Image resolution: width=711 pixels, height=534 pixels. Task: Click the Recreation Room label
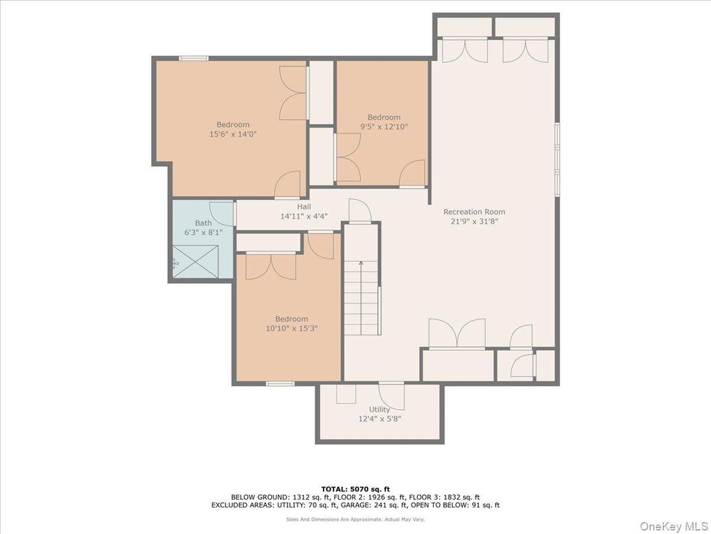[474, 212]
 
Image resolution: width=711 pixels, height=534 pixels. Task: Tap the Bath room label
[203, 223]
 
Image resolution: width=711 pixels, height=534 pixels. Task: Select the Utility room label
[379, 409]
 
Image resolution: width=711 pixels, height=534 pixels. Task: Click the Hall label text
[304, 207]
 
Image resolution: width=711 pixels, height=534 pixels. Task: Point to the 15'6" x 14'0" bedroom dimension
[233, 133]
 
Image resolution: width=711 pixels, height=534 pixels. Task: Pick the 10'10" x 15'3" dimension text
[292, 327]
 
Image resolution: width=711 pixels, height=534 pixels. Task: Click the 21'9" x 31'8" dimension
[474, 221]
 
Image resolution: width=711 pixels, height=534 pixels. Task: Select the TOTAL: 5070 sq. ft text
[355, 488]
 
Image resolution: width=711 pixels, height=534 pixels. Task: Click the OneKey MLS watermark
[674, 526]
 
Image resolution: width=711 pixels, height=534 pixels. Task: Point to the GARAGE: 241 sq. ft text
[382, 505]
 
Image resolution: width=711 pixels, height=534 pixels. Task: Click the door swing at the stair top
[357, 211]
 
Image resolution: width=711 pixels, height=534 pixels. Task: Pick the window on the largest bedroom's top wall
[194, 58]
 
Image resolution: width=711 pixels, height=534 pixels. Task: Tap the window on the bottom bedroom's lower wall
[280, 383]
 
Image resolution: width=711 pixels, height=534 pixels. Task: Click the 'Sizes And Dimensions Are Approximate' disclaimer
[355, 519]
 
